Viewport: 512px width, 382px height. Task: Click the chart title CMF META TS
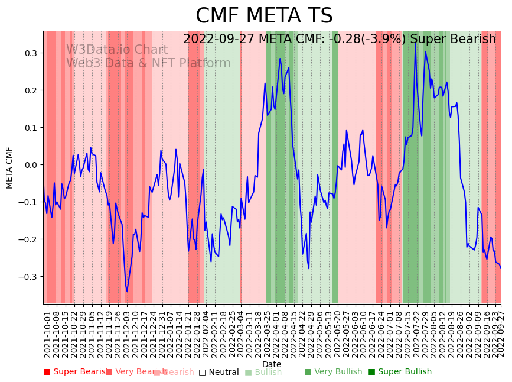[264, 16]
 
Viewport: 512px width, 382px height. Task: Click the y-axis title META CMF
[9, 167]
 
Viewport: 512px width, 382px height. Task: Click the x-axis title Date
[272, 364]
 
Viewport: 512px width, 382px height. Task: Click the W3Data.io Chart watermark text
[117, 50]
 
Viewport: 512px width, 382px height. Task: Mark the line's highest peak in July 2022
[415, 42]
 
